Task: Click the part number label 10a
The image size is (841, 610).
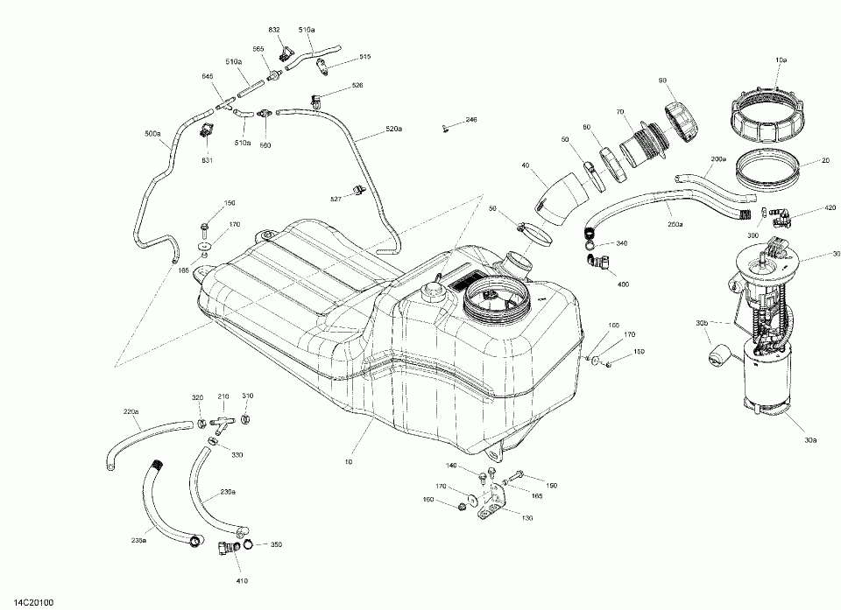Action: point(781,60)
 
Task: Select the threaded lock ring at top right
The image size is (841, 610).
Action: point(767,115)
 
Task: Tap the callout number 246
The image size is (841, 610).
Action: point(471,119)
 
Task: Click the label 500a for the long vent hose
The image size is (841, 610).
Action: point(152,134)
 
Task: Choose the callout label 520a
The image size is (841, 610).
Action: point(393,130)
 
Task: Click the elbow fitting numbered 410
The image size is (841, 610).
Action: point(225,550)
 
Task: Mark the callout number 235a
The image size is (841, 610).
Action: point(138,541)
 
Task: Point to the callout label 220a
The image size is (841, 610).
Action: point(131,412)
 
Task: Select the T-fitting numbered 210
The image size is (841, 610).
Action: point(222,423)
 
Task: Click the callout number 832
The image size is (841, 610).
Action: point(274,30)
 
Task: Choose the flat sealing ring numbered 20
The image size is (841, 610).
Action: point(768,166)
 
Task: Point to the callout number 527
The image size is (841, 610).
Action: point(336,199)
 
